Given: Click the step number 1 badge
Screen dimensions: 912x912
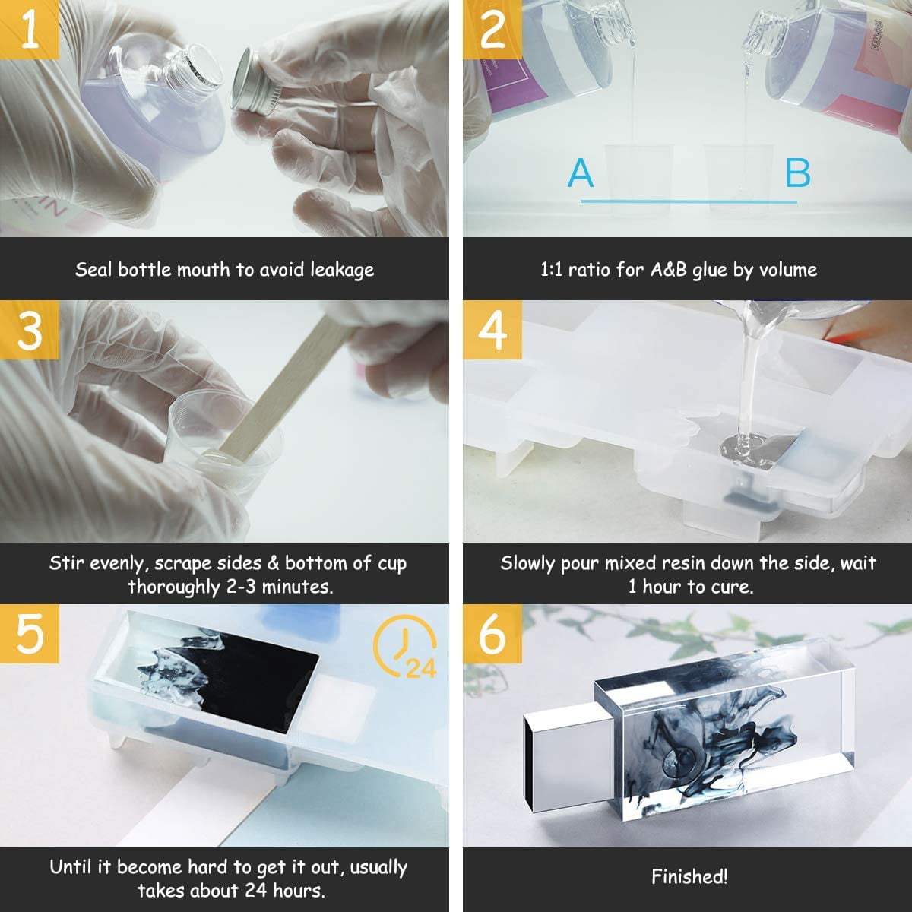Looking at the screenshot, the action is [30, 30].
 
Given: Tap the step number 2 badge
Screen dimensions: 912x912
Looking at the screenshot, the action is [492, 30].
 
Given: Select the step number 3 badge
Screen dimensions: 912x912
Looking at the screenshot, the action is [30, 330].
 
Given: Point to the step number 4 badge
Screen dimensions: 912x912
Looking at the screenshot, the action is [492, 330].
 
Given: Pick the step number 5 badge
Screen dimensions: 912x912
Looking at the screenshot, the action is [30, 634].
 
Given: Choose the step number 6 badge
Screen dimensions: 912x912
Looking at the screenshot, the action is [492, 634].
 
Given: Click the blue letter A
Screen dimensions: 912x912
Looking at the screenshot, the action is [580, 173].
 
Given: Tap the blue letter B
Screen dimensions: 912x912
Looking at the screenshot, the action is [798, 173].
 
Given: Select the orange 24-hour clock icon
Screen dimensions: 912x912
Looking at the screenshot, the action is [404, 646].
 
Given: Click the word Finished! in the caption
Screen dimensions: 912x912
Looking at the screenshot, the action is [689, 876].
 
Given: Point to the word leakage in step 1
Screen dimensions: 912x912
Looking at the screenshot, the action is [342, 271].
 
